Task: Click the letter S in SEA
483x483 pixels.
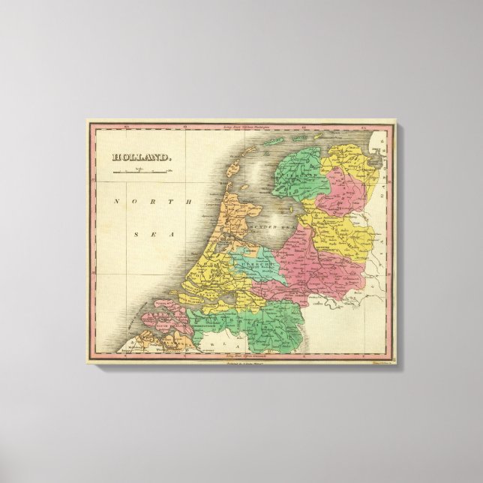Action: [x=135, y=235]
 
